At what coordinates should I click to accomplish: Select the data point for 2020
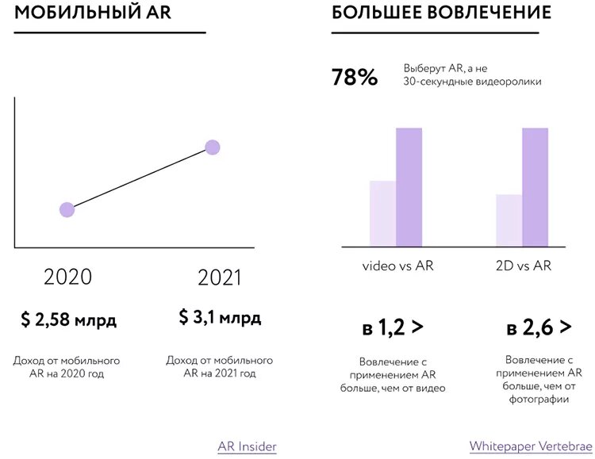[x=67, y=209]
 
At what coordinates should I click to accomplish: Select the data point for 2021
[x=212, y=147]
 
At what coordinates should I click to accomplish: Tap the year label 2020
[x=67, y=277]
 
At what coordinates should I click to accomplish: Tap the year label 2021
[x=219, y=278]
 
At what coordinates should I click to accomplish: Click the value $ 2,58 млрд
[x=69, y=320]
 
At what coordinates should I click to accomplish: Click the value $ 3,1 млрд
[x=220, y=318]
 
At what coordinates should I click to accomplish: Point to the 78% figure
[x=355, y=78]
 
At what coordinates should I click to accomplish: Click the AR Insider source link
[x=247, y=446]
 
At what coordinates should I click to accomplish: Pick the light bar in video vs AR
[x=382, y=213]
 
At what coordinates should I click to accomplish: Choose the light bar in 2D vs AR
[x=509, y=220]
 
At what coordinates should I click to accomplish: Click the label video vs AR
[x=398, y=266]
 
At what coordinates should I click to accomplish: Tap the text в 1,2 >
[x=393, y=326]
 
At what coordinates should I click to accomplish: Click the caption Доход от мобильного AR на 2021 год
[x=220, y=366]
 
